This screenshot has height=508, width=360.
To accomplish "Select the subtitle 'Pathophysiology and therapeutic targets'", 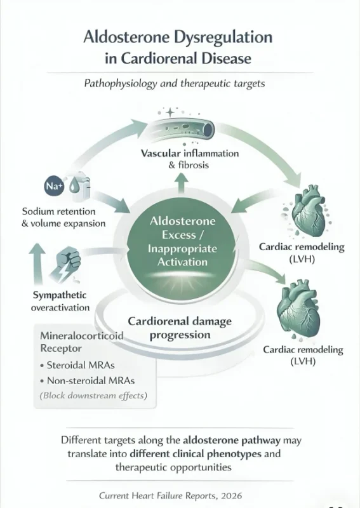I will click(180, 84).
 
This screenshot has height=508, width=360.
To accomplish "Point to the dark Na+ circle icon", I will click(53, 186).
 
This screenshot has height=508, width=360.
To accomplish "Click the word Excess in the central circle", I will click(182, 236).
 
